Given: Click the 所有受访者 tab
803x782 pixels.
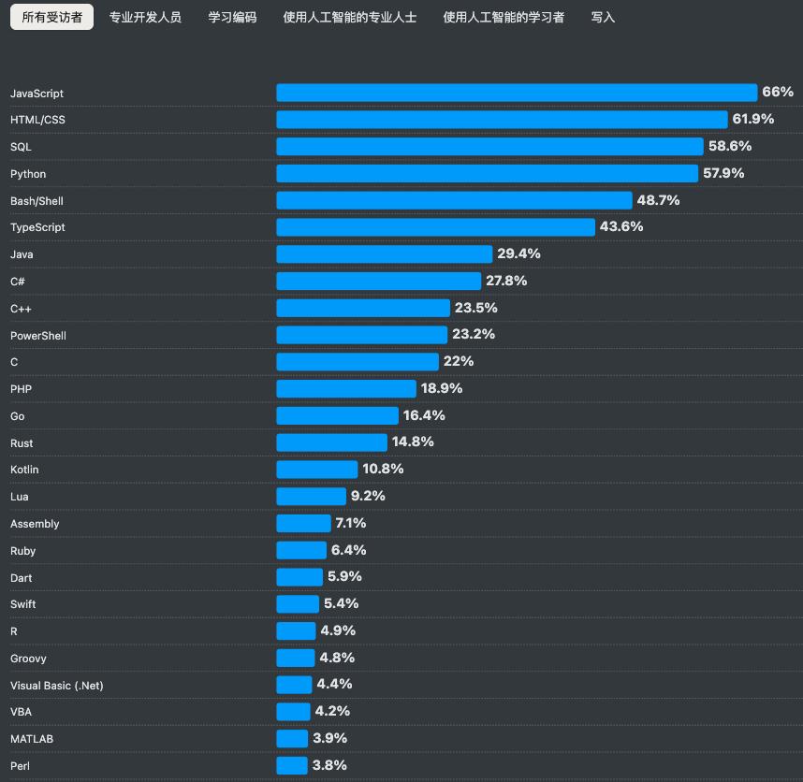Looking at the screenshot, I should tap(51, 18).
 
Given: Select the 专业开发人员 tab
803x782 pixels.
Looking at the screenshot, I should tap(145, 18).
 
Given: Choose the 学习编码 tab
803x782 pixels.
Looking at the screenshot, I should tap(232, 18).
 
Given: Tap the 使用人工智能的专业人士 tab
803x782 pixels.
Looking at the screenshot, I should tap(349, 18).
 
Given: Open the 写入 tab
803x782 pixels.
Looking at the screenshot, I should tap(603, 18).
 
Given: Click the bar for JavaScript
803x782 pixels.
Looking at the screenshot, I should tap(516, 93).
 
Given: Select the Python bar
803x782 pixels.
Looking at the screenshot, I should tap(487, 173).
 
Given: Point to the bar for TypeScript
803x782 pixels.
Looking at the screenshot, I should tap(435, 227).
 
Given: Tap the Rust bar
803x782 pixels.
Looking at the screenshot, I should tap(331, 442).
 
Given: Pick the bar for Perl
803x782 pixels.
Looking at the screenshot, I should tap(292, 766).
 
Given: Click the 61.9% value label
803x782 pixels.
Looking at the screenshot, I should tap(753, 119).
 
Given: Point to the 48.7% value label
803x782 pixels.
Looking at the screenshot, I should tap(658, 200).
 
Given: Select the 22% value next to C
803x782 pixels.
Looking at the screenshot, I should tap(459, 361).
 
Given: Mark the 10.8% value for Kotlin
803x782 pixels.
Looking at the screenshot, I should tap(383, 469).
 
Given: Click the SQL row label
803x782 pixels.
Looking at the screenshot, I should tap(21, 147).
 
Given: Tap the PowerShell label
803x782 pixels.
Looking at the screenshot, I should tap(38, 336).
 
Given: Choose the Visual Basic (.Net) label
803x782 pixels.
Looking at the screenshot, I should tap(57, 686).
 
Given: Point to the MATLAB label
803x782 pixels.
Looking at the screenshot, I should tap(32, 739).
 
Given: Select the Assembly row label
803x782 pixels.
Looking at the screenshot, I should tap(35, 524).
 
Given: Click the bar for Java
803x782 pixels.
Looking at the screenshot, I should tap(384, 254).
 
